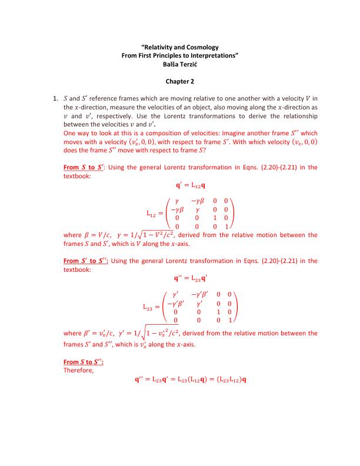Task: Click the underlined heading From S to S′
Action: coord(84,167)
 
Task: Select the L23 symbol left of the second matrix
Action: coord(151,307)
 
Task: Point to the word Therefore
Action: coord(77,371)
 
